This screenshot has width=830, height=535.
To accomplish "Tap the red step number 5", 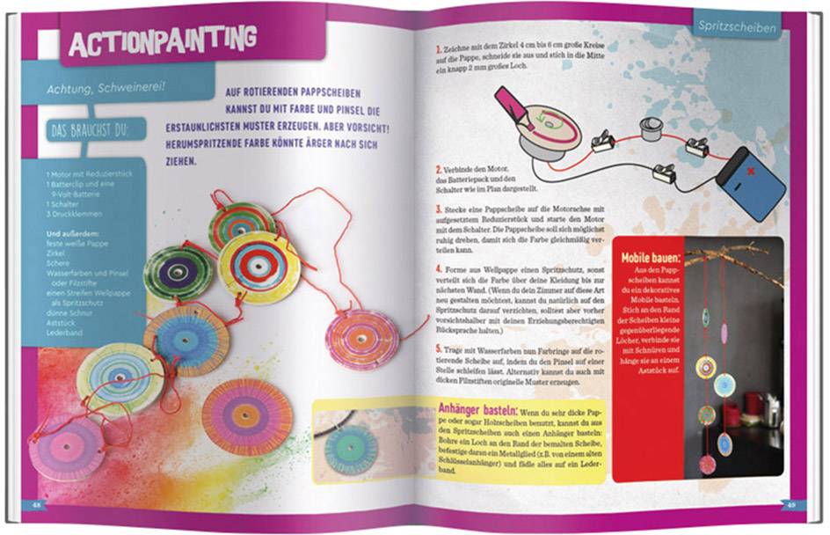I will tap(438, 350).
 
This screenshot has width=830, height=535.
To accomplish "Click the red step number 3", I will tap(438, 212).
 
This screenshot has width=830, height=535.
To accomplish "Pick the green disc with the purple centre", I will tap(178, 272).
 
